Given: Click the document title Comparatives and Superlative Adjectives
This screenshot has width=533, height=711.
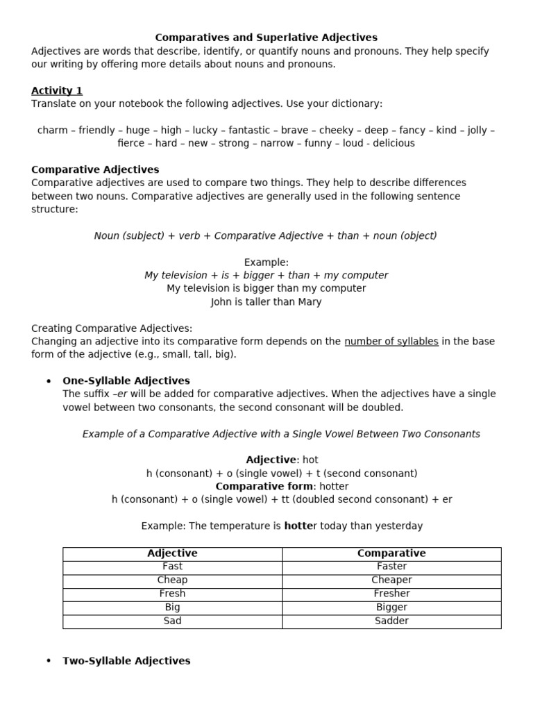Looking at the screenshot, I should pyautogui.click(x=266, y=37).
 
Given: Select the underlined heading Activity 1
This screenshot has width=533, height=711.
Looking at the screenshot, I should pyautogui.click(x=57, y=90).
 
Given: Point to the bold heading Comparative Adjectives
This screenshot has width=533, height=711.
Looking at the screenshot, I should pyautogui.click(x=95, y=169).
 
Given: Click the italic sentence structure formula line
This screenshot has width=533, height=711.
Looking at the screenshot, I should pyautogui.click(x=266, y=235).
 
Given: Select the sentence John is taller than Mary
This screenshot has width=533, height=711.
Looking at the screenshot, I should pyautogui.click(x=266, y=302).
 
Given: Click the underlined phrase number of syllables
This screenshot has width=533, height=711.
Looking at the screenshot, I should pyautogui.click(x=391, y=341).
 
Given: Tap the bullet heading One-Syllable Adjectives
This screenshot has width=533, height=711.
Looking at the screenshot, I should pyautogui.click(x=126, y=380).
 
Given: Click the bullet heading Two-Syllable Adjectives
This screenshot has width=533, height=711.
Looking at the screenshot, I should pyautogui.click(x=126, y=661).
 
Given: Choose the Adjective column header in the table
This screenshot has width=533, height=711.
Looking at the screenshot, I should pyautogui.click(x=172, y=553).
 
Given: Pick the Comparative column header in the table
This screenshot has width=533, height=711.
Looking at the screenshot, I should pyautogui.click(x=391, y=553).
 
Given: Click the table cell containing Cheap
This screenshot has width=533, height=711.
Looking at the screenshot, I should pyautogui.click(x=172, y=580).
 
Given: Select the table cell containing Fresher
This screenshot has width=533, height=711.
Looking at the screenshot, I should pyautogui.click(x=391, y=594).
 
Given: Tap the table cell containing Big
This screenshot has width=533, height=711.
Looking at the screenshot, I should pyautogui.click(x=172, y=607).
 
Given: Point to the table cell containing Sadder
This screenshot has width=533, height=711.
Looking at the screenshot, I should pyautogui.click(x=391, y=621).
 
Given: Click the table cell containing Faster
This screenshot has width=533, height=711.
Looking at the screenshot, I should pyautogui.click(x=391, y=567).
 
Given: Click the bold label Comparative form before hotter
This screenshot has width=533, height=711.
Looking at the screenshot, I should pyautogui.click(x=264, y=486).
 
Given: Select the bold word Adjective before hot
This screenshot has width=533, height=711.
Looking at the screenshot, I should pyautogui.click(x=271, y=460).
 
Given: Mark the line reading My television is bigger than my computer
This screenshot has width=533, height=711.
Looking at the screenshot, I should pyautogui.click(x=266, y=288).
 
